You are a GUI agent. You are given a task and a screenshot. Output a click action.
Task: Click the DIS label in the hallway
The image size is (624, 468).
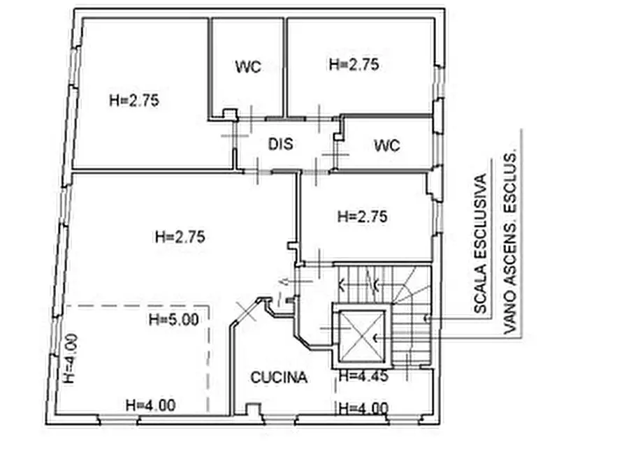click(281, 144)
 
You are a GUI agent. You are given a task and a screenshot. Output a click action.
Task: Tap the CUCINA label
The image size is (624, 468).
click(279, 377)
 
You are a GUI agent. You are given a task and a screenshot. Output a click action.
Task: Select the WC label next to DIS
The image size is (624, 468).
click(387, 146)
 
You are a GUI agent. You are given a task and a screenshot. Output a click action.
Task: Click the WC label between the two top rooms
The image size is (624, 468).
click(248, 66)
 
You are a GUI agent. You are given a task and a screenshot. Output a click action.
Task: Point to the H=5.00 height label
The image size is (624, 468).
click(173, 319)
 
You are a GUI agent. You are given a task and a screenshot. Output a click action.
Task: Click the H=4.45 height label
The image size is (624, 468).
click(363, 376)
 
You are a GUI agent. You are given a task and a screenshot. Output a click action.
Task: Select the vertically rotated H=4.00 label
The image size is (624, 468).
click(71, 359)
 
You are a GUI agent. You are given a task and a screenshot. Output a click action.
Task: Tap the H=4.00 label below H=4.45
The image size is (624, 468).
click(363, 409)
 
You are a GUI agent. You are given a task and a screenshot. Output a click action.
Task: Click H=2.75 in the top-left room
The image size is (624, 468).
click(134, 101)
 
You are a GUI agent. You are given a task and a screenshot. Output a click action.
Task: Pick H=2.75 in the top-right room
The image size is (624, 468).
click(354, 64)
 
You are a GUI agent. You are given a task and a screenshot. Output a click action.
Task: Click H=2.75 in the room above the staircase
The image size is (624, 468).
click(362, 217)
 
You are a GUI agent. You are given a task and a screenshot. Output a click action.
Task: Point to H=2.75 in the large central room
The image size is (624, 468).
click(180, 237)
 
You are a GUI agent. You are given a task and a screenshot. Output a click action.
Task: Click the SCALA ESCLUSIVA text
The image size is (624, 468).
click(480, 244)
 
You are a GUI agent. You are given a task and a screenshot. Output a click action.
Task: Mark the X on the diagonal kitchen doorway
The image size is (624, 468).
click(246, 311)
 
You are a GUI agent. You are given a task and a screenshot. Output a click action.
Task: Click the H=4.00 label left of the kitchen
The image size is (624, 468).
click(150, 406)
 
